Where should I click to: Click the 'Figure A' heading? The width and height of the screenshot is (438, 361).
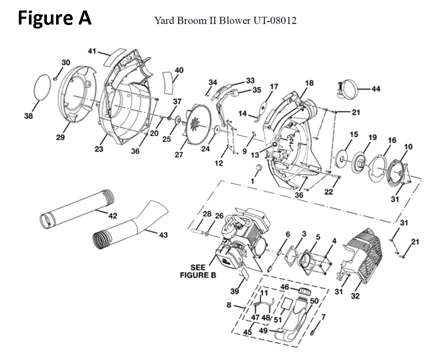tap(54, 18)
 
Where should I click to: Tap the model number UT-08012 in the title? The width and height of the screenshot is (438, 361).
tap(274, 21)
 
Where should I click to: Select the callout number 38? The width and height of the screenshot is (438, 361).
tap(28, 116)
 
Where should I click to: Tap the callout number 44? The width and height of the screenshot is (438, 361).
tap(376, 89)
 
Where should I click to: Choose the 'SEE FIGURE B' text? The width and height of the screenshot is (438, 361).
tap(198, 271)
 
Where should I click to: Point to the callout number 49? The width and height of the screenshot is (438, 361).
tap(263, 331)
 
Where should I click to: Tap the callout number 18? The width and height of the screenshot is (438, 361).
tap(309, 83)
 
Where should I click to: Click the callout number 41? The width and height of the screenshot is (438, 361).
tap(92, 51)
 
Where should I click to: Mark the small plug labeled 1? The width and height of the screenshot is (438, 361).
tap(258, 168)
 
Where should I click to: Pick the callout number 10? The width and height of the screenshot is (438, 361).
tap(408, 147)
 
